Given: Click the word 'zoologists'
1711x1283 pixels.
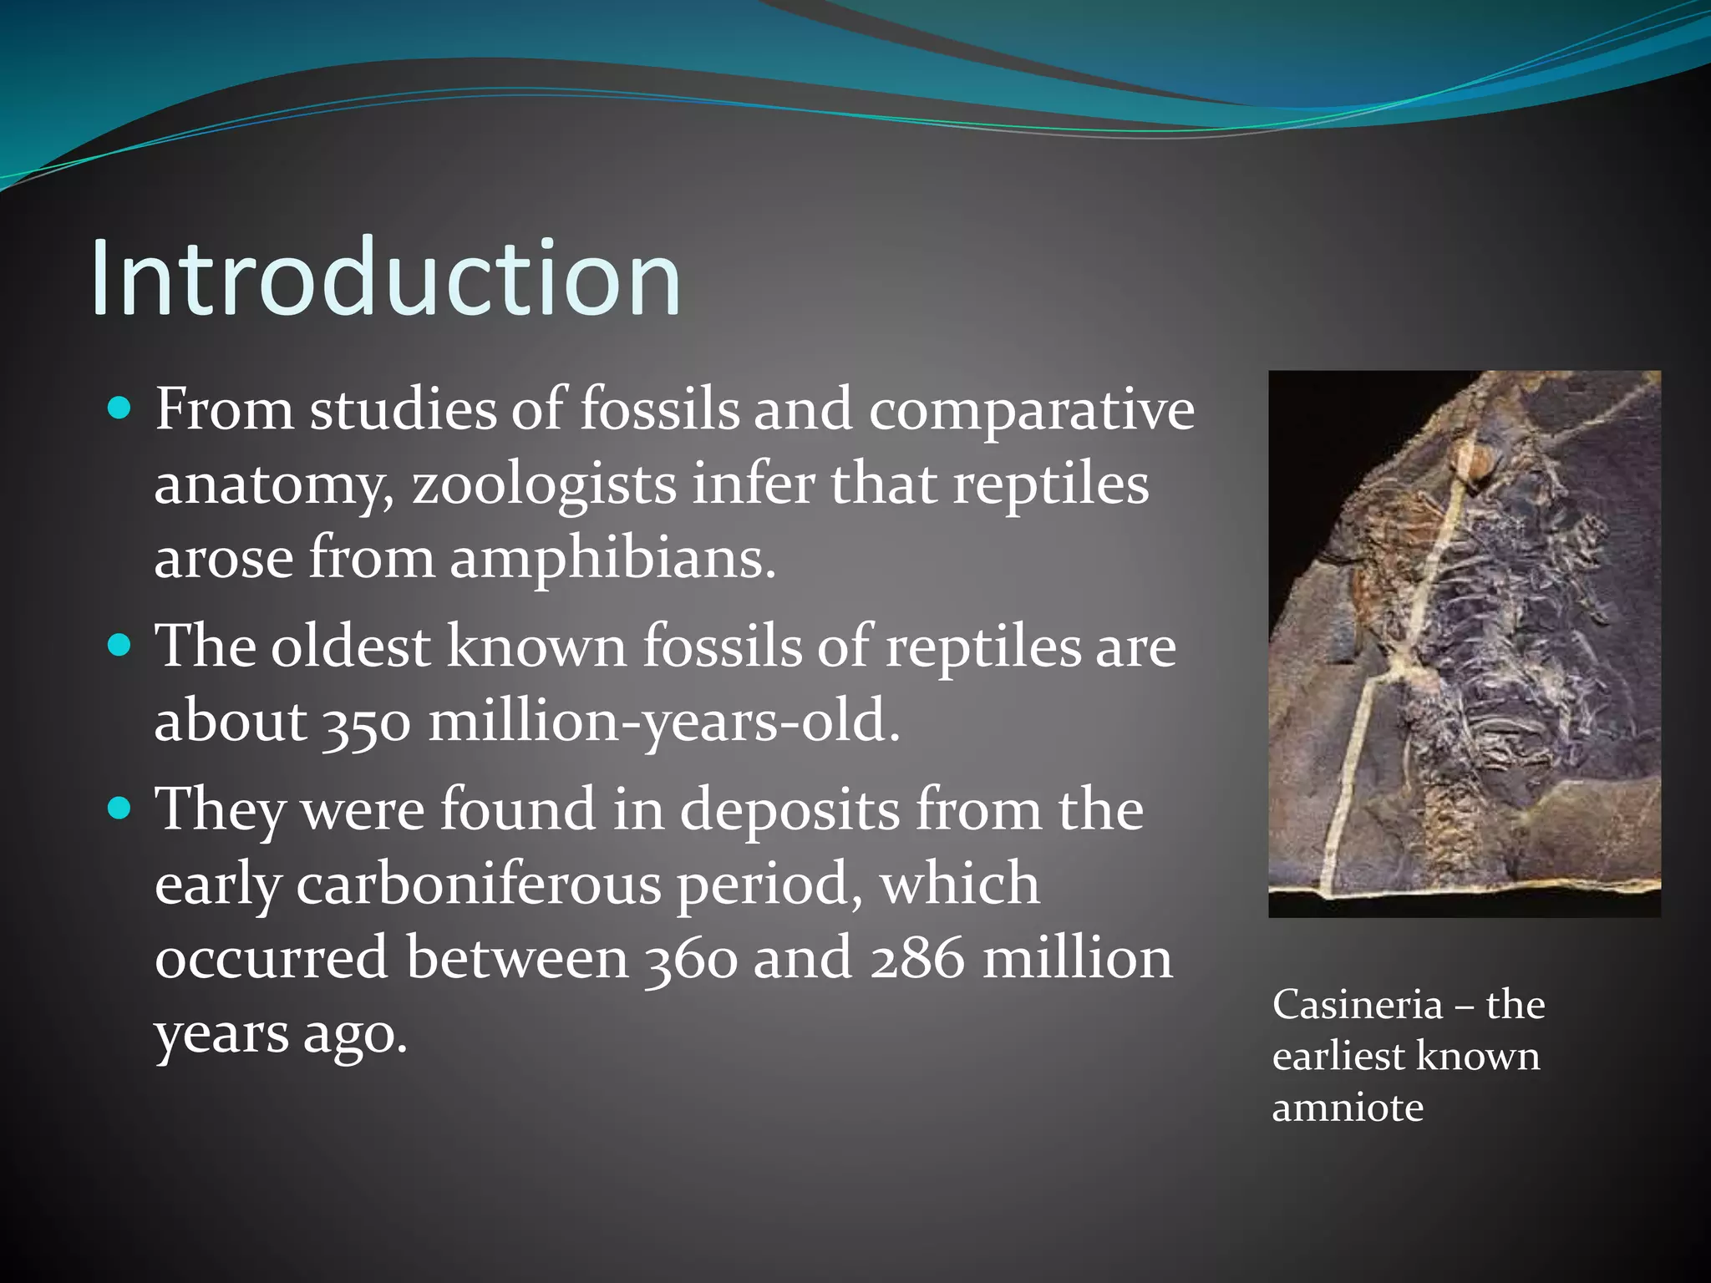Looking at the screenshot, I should coord(544,485).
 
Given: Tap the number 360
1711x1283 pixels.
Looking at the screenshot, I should coord(692,959).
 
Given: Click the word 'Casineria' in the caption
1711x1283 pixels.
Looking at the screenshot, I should coord(1358,1005).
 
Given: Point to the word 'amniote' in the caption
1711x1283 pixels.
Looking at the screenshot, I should coord(1348,1108).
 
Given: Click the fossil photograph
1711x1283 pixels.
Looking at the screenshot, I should coord(1464,644).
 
